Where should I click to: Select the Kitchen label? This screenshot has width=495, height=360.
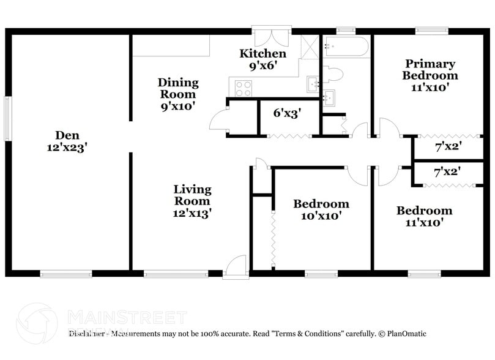pyautogui.click(x=262, y=54)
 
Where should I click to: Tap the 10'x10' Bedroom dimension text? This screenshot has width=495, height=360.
pyautogui.click(x=321, y=216)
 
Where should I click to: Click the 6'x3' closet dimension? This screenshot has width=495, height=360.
pyautogui.click(x=287, y=113)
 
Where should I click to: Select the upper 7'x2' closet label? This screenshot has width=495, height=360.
pyautogui.click(x=447, y=147)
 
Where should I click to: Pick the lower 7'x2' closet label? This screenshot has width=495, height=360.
pyautogui.click(x=447, y=173)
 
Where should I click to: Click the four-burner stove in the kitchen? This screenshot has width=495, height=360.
pyautogui.click(x=244, y=89)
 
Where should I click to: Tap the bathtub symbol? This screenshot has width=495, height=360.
pyautogui.click(x=346, y=47)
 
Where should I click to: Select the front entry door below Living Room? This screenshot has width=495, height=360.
pyautogui.click(x=234, y=268)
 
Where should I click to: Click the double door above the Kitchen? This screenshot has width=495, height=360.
pyautogui.click(x=270, y=36)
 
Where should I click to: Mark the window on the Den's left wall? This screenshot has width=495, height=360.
pyautogui.click(x=7, y=118)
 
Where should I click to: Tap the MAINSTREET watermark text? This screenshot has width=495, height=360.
pyautogui.click(x=126, y=317)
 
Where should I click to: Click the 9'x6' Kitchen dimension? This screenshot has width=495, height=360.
pyautogui.click(x=263, y=66)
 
